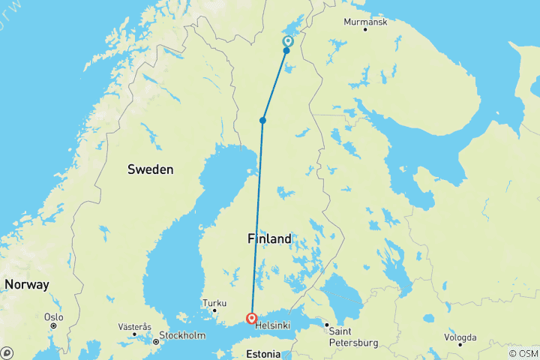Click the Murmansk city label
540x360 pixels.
[364, 22]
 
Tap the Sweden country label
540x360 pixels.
[150, 169]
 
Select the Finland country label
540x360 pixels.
[268, 239]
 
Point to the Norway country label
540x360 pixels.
[26, 285]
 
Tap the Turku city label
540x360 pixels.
[214, 302]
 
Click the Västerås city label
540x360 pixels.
[135, 327]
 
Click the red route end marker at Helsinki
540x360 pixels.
[251, 319]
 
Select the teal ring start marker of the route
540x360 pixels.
[288, 41]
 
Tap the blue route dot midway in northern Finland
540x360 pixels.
[263, 120]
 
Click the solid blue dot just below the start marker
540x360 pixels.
[286, 51]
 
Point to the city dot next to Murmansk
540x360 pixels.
[365, 29]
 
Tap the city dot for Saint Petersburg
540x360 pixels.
[326, 325]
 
